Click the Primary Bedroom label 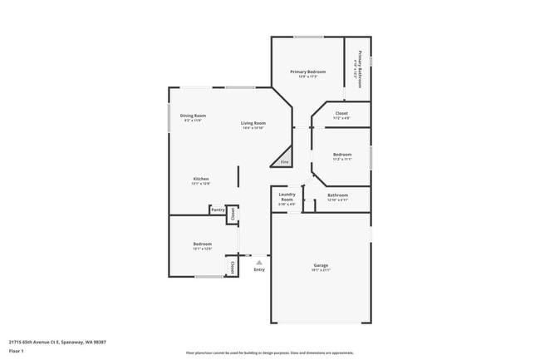click(307, 72)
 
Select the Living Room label click(253, 123)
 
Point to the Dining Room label click(194, 116)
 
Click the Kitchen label click(201, 179)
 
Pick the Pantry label click(218, 210)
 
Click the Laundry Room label click(287, 198)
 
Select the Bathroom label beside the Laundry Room click(337, 195)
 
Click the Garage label click(321, 266)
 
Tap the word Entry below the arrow click(259, 269)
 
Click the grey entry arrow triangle click(259, 262)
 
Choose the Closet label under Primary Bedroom click(341, 113)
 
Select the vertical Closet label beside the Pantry click(233, 214)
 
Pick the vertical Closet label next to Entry click(232, 267)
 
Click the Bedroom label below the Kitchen click(203, 244)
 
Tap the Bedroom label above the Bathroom click(342, 154)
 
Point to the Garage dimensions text click(321, 271)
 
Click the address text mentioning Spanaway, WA click(57, 341)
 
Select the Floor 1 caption click(17, 352)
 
